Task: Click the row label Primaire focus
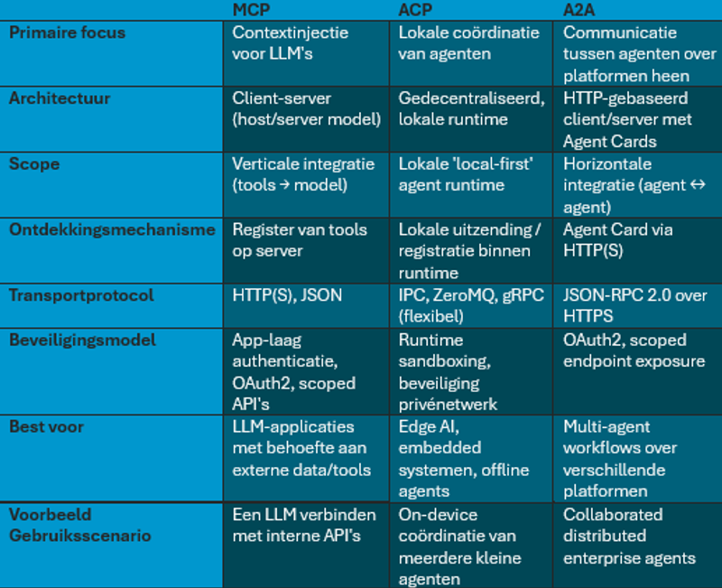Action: (68, 33)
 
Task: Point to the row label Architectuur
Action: (60, 98)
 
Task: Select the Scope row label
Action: (34, 164)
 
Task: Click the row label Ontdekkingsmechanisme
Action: (112, 229)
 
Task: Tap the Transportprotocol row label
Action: (81, 295)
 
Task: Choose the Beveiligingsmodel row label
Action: (82, 341)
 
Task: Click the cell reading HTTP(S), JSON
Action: (287, 295)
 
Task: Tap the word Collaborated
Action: (613, 514)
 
